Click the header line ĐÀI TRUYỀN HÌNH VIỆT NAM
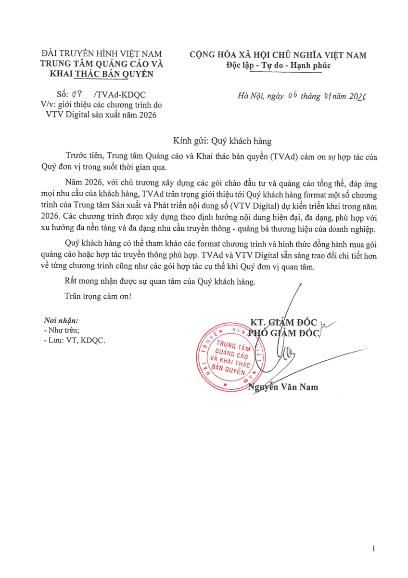[x=102, y=54]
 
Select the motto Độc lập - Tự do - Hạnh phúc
[x=279, y=65]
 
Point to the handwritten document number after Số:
[x=76, y=94]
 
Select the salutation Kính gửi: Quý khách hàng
[x=223, y=141]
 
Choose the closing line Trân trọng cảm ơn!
[x=98, y=296]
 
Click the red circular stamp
[x=229, y=355]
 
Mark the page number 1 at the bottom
[x=373, y=549]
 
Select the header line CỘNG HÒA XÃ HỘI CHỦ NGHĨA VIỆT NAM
[x=278, y=55]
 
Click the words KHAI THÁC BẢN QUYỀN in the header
[x=102, y=74]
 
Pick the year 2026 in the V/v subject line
[x=147, y=114]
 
